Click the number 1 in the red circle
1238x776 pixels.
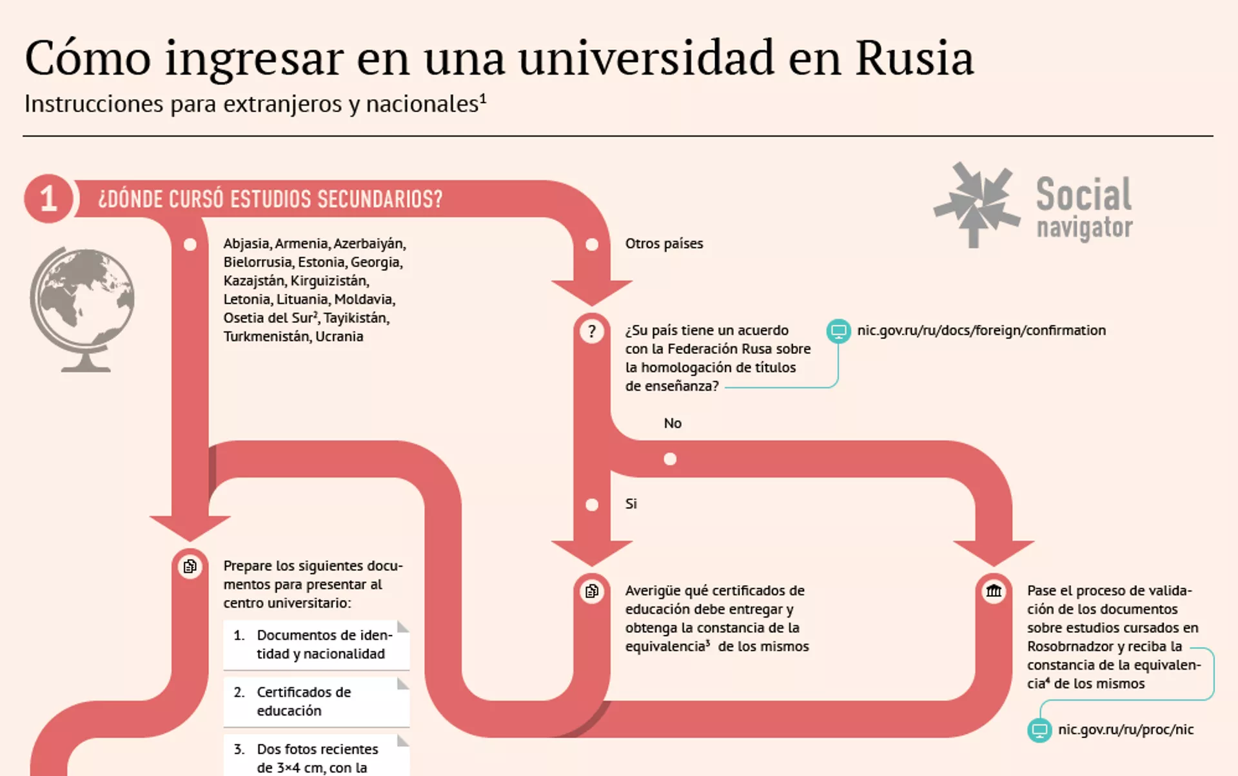(48, 199)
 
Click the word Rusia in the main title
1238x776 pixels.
(914, 58)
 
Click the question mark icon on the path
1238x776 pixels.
(592, 331)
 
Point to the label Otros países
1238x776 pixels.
(664, 244)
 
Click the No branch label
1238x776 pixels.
(673, 423)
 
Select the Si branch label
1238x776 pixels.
(631, 504)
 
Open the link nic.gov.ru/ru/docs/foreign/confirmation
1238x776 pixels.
(981, 331)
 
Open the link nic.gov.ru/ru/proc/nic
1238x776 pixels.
(1126, 730)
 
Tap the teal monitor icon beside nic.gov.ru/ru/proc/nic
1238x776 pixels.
(1039, 730)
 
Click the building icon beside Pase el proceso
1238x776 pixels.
(994, 590)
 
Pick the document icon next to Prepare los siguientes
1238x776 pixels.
(190, 567)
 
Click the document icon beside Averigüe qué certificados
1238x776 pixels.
(592, 591)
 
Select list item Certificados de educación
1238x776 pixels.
(304, 701)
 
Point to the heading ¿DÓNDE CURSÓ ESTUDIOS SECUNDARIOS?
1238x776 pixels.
(270, 199)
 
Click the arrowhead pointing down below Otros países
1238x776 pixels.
(592, 292)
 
